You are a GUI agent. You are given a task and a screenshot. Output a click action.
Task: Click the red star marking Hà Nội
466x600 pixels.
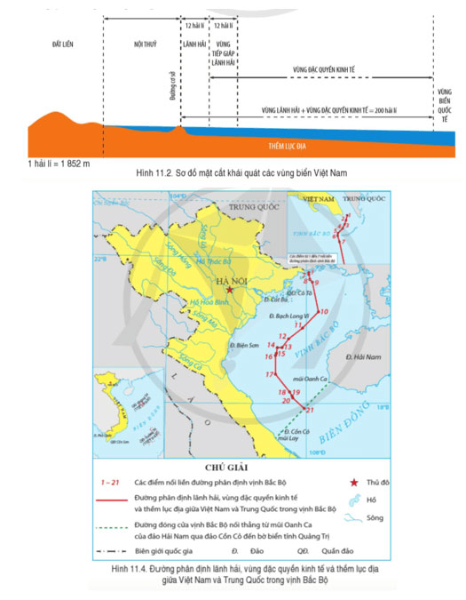(x=230, y=290)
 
